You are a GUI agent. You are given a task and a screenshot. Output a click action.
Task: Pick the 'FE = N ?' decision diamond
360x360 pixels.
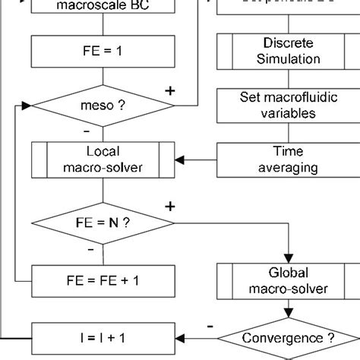tap(103, 223)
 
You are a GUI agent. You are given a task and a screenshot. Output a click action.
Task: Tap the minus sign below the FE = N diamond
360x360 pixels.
tap(91, 248)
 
